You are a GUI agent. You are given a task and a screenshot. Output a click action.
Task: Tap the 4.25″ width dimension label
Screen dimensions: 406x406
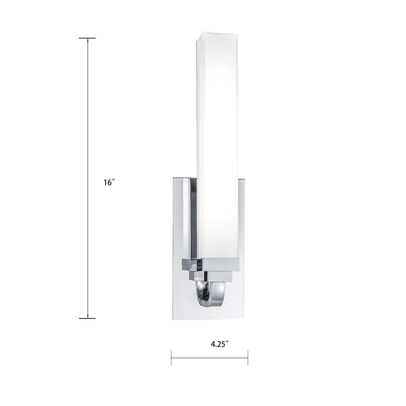coord(220,344)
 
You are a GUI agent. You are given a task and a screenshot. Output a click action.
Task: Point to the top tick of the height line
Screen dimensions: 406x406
coord(87,38)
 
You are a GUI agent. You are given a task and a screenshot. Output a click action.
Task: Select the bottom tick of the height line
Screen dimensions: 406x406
coord(87,318)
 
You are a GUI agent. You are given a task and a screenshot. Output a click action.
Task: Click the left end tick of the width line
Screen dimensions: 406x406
coord(171,358)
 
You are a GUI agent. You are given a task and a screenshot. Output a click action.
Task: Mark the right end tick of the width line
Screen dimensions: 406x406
coord(248,358)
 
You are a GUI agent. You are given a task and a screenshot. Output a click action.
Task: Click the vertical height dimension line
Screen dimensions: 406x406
coord(88,178)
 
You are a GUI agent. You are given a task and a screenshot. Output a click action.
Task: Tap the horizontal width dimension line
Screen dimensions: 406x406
coord(209,358)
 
